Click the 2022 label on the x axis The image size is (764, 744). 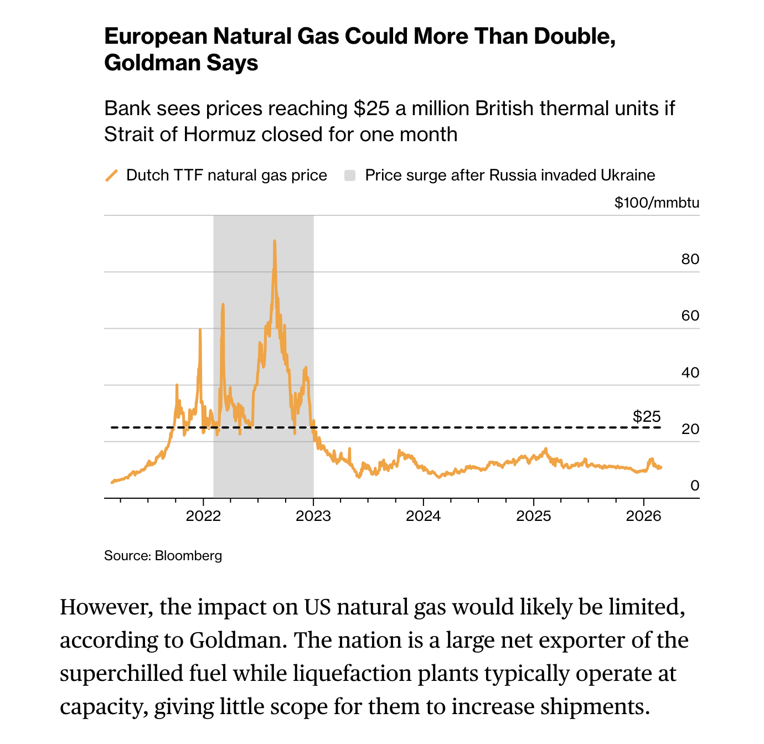pyautogui.click(x=203, y=516)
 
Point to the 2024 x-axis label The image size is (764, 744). pyautogui.click(x=424, y=516)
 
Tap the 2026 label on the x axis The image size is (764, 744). pyautogui.click(x=643, y=516)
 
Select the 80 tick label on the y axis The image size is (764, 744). pyautogui.click(x=690, y=259)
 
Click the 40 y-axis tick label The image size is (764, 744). pyautogui.click(x=690, y=373)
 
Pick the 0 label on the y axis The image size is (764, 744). pyautogui.click(x=694, y=485)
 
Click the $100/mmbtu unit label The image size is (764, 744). pyautogui.click(x=657, y=203)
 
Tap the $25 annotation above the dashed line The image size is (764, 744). pyautogui.click(x=647, y=416)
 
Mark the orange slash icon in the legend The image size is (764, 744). pyautogui.click(x=112, y=175)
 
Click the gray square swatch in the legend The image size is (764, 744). pyautogui.click(x=350, y=175)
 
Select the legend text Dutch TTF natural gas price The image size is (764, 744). pyautogui.click(x=226, y=175)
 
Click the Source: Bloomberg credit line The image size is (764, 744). pyautogui.click(x=163, y=555)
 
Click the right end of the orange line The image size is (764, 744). pyautogui.click(x=661, y=467)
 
